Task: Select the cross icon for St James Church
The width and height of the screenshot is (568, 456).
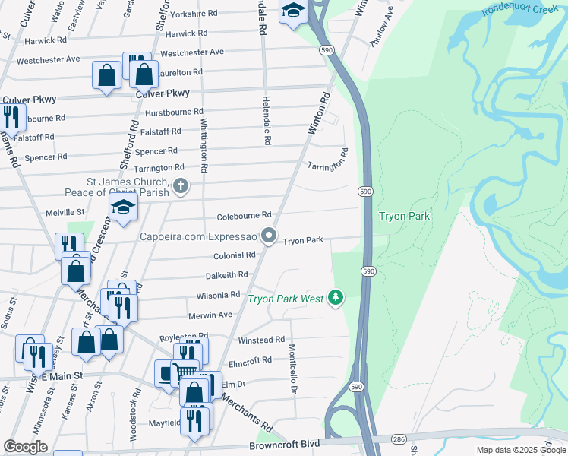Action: tap(181, 185)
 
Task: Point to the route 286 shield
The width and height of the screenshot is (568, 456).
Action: tap(398, 439)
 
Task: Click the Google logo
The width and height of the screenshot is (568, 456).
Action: tap(25, 447)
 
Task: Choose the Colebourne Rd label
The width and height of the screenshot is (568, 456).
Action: tap(244, 215)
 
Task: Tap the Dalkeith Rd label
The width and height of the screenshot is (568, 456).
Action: tap(226, 275)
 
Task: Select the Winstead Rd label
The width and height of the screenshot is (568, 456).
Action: tap(261, 340)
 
